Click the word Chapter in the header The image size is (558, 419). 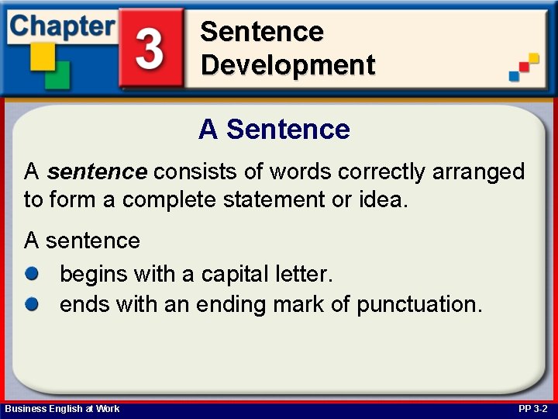(x=63, y=27)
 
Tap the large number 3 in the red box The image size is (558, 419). (x=150, y=48)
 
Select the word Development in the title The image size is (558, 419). (x=288, y=65)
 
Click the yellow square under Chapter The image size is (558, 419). (x=43, y=57)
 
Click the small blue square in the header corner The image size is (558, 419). (x=515, y=76)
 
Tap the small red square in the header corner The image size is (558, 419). (x=524, y=67)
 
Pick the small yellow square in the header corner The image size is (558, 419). (x=534, y=57)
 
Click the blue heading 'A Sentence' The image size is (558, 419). (x=274, y=129)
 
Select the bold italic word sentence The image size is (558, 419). (x=97, y=171)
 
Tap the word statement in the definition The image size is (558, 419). (x=274, y=199)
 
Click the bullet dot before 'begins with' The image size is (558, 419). (x=32, y=274)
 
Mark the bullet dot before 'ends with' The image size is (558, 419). (x=32, y=304)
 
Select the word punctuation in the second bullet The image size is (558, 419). (x=419, y=306)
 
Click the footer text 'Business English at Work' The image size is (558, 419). (x=62, y=409)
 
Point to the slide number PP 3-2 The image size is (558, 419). (x=532, y=409)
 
